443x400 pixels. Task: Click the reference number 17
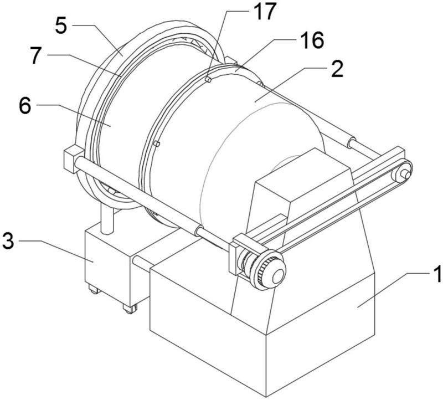[265, 12]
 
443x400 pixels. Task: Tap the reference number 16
[312, 40]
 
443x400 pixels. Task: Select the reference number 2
[337, 69]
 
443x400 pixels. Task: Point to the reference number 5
[61, 25]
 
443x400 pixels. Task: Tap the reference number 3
[8, 240]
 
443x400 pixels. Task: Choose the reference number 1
[437, 273]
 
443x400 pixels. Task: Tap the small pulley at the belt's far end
[401, 172]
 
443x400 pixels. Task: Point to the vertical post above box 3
[107, 219]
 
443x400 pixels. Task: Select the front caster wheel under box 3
[130, 309]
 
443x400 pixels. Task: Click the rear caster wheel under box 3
[95, 290]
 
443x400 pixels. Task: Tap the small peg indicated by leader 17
[209, 80]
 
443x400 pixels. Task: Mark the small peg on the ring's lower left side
[157, 144]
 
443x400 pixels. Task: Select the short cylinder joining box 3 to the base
[143, 261]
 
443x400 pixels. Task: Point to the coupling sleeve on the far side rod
[352, 142]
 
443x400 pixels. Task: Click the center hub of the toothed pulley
[278, 275]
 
